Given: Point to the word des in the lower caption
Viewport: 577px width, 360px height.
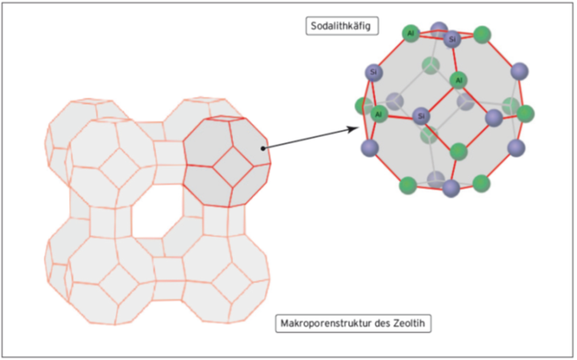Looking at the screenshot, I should pyautogui.click(x=381, y=324).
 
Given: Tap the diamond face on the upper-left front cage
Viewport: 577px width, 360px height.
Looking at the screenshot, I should pyautogui.click(x=116, y=169).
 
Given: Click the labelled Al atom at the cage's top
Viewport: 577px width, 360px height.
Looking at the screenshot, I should pyautogui.click(x=410, y=33).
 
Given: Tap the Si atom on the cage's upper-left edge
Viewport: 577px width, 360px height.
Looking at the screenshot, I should pyautogui.click(x=373, y=73).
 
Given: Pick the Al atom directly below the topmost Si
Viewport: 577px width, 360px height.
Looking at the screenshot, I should pyautogui.click(x=458, y=80).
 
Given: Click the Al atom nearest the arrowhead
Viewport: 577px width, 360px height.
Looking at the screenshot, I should pyautogui.click(x=378, y=114).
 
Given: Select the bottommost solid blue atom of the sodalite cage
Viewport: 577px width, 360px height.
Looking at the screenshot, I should pyautogui.click(x=451, y=188).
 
